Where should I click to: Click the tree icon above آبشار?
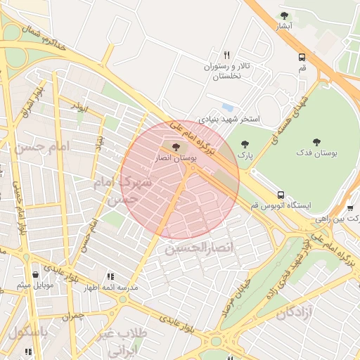(x=284, y=15)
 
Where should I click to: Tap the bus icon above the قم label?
(x=302, y=57)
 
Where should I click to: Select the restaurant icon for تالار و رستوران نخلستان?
(x=226, y=54)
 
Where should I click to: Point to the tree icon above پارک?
(x=245, y=144)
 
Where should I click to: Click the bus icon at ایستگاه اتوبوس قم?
(x=281, y=195)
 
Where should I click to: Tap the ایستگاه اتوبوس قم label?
(x=290, y=206)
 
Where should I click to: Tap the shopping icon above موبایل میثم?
(x=35, y=274)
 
